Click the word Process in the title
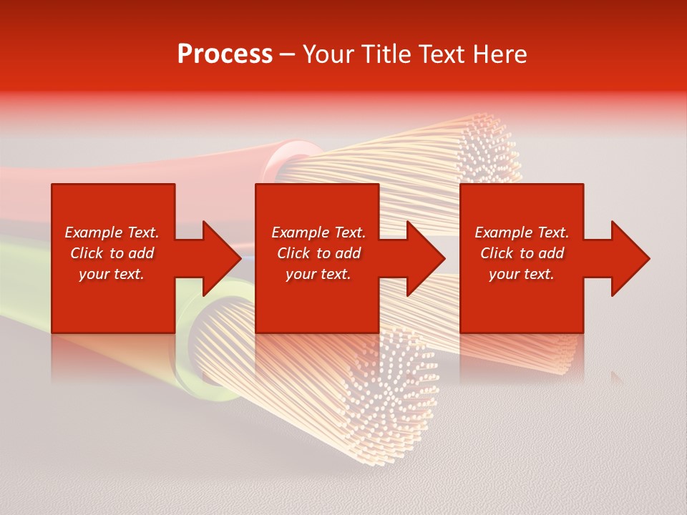coord(225,54)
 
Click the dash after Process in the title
coord(287,55)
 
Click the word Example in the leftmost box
coord(93,232)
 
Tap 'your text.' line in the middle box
coord(318,274)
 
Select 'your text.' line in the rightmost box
coord(521,274)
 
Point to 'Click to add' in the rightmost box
coord(522,253)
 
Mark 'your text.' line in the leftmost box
coord(111,274)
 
